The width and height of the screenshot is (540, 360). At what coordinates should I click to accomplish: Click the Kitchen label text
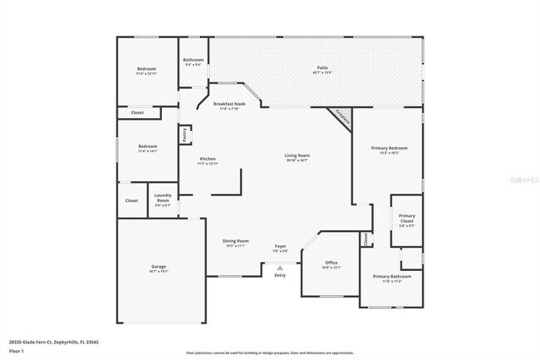point(207,160)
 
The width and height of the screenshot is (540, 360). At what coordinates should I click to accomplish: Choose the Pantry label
point(184,134)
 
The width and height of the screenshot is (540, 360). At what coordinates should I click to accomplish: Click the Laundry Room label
point(163,200)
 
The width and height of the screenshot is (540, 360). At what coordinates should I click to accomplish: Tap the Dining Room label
point(235,242)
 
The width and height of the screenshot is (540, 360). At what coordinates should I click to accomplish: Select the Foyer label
point(281,247)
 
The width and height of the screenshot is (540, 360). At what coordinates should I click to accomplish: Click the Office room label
point(331,264)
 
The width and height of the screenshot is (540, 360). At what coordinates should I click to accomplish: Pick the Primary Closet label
point(406,219)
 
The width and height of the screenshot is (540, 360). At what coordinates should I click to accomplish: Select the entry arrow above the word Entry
point(280,268)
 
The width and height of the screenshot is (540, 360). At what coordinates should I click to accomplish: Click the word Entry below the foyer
point(280,275)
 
